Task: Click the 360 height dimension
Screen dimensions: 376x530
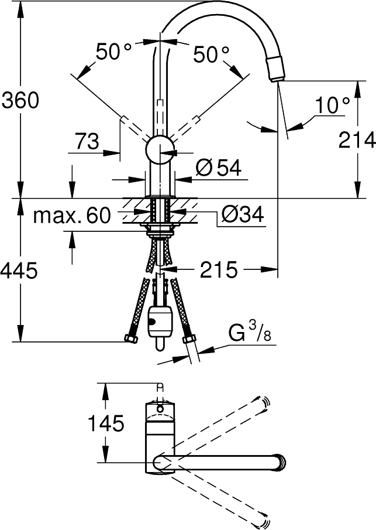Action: click(20, 100)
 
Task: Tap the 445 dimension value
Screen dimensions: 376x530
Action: click(19, 271)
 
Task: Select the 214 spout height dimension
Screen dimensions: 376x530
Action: click(357, 139)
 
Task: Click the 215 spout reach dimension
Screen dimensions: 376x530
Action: click(218, 269)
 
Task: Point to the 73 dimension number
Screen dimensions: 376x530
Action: click(87, 141)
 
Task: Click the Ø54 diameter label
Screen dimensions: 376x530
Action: click(218, 167)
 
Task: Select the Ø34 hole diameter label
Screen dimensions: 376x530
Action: click(243, 214)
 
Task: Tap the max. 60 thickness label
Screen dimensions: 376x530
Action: click(72, 215)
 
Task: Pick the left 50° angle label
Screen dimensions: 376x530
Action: click(113, 52)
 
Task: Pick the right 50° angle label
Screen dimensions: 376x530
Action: click(211, 54)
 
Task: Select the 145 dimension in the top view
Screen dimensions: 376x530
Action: click(106, 423)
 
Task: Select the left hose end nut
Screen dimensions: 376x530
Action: click(131, 338)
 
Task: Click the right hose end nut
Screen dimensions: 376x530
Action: click(189, 339)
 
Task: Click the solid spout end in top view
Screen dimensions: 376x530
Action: click(281, 461)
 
